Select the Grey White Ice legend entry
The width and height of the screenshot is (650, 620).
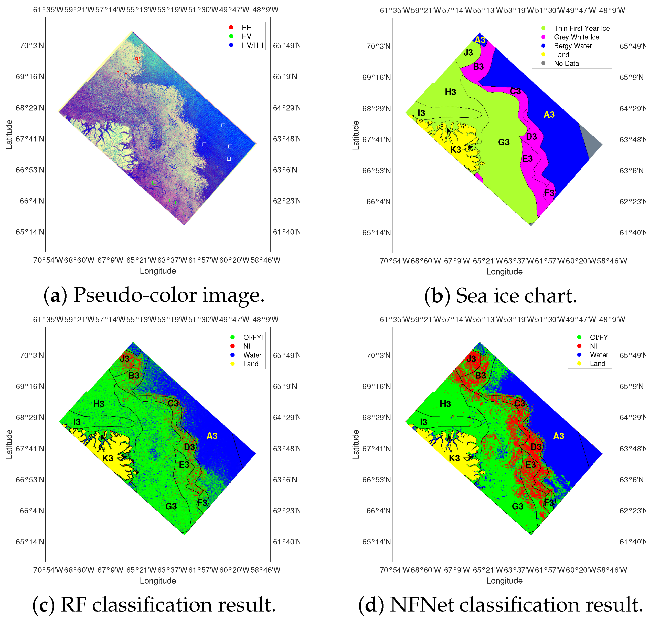click(576, 37)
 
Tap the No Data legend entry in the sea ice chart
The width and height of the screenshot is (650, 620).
click(566, 64)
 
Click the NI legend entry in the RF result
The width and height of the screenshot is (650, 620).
click(247, 346)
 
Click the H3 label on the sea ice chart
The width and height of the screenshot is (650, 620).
click(450, 92)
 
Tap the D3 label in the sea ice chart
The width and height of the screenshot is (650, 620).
click(531, 137)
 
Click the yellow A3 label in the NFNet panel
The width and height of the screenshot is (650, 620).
click(558, 436)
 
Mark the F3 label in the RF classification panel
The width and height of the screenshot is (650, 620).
click(202, 503)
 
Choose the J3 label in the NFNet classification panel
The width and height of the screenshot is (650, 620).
click(471, 359)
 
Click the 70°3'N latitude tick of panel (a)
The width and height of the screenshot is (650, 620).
click(32, 46)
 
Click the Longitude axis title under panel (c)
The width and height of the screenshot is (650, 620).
click(158, 581)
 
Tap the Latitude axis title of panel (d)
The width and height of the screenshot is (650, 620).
click(356, 444)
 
